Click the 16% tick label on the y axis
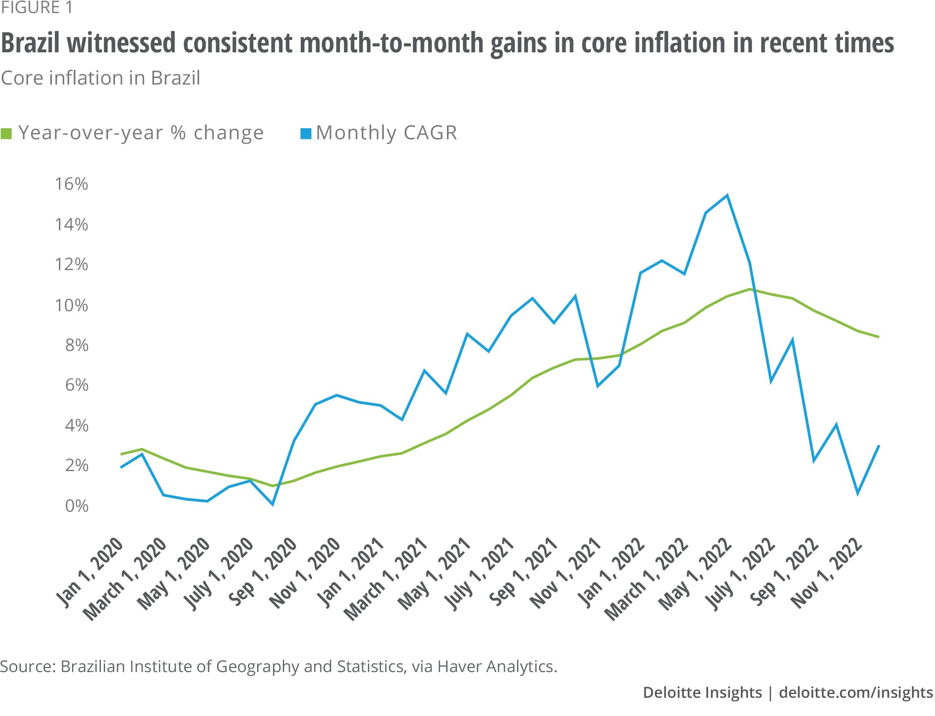[x=71, y=184]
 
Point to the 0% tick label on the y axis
[x=76, y=506]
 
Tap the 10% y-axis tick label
[x=71, y=306]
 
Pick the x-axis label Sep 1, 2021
[x=524, y=571]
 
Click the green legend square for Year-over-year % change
[x=7, y=134]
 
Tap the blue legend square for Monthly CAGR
[x=306, y=134]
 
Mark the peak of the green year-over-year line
[x=750, y=289]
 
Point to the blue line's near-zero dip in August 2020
[x=273, y=504]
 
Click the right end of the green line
[x=879, y=337]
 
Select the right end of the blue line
[x=879, y=445]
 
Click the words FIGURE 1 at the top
[x=36, y=8]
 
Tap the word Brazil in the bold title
[x=30, y=43]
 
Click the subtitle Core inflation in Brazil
[x=101, y=78]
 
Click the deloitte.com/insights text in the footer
[x=856, y=692]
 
